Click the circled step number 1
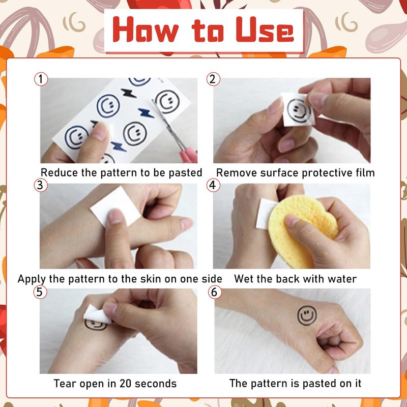pyautogui.click(x=41, y=79)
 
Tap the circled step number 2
pyautogui.click(x=213, y=79)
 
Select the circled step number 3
pyautogui.click(x=41, y=185)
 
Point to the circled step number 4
pyautogui.click(x=213, y=185)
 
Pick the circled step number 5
pyautogui.click(x=40, y=292)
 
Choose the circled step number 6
pyautogui.click(x=215, y=292)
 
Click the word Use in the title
pyautogui.click(x=265, y=30)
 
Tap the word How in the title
pyautogui.click(x=146, y=30)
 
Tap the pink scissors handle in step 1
pyautogui.click(x=188, y=155)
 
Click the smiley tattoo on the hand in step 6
pyautogui.click(x=307, y=315)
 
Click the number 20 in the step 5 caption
pyautogui.click(x=125, y=384)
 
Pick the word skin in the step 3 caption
pyautogui.click(x=151, y=279)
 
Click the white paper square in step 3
pyautogui.click(x=115, y=207)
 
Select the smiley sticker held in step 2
pyautogui.click(x=298, y=109)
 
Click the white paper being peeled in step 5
pyautogui.click(x=97, y=315)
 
